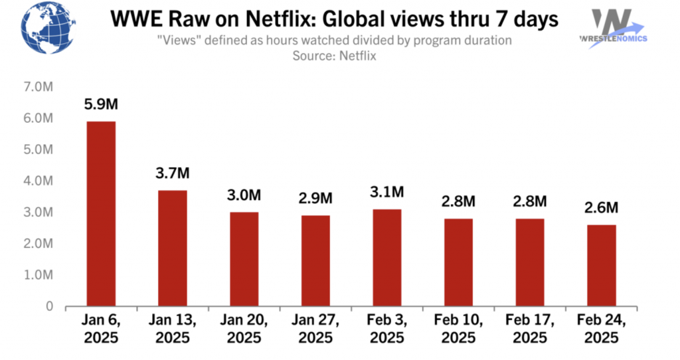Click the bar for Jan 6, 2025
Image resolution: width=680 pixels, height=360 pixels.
click(100, 214)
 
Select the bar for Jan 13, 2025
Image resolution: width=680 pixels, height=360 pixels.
click(172, 248)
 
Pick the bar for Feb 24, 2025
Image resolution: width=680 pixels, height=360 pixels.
click(601, 266)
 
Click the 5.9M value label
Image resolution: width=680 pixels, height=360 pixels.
click(100, 104)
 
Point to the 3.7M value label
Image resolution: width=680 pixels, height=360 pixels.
click(172, 173)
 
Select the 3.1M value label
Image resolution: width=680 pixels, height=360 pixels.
click(386, 192)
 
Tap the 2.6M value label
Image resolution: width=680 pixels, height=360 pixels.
click(601, 208)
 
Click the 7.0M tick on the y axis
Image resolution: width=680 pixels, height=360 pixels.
click(39, 87)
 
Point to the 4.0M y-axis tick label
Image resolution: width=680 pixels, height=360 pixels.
click(39, 181)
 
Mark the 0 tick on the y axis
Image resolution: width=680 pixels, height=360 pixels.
click(48, 306)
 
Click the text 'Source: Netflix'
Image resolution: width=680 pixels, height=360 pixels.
click(334, 56)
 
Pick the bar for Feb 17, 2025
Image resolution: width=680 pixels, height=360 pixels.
click(529, 262)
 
